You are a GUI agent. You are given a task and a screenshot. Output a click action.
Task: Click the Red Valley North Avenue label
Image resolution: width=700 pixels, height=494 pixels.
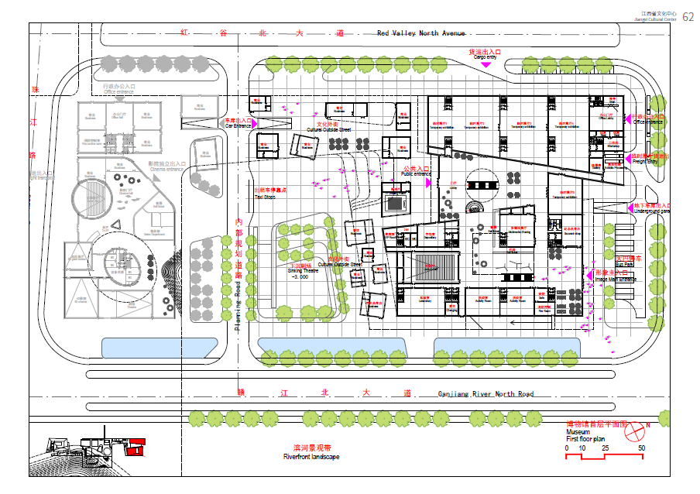point(421,33)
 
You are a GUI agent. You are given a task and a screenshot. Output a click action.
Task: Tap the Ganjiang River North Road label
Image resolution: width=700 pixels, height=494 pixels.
point(486,394)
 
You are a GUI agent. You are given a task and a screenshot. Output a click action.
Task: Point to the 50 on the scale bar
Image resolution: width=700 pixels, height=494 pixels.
point(641,448)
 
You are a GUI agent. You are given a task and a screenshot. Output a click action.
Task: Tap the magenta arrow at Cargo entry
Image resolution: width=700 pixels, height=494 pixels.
point(486,65)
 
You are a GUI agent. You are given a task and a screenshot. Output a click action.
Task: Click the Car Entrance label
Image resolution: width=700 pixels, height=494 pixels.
point(238,125)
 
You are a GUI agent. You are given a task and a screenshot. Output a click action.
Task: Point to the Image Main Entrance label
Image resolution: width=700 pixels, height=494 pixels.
point(616,279)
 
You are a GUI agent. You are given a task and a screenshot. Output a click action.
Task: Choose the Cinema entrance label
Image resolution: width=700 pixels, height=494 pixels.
point(166,168)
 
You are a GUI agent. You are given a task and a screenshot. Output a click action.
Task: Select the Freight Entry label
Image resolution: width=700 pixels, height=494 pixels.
point(644,161)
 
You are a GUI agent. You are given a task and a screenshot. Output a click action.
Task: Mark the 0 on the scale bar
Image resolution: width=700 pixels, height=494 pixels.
point(567,448)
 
